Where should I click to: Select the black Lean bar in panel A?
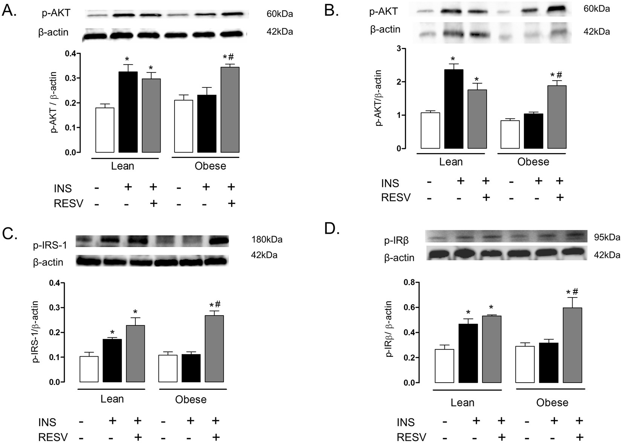128,112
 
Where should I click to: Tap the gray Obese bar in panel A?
230,110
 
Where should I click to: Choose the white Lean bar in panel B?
430,130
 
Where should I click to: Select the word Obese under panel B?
533,162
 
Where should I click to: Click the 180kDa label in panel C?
267,239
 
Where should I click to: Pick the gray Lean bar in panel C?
135,354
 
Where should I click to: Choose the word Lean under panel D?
463,403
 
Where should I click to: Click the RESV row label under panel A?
69,204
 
